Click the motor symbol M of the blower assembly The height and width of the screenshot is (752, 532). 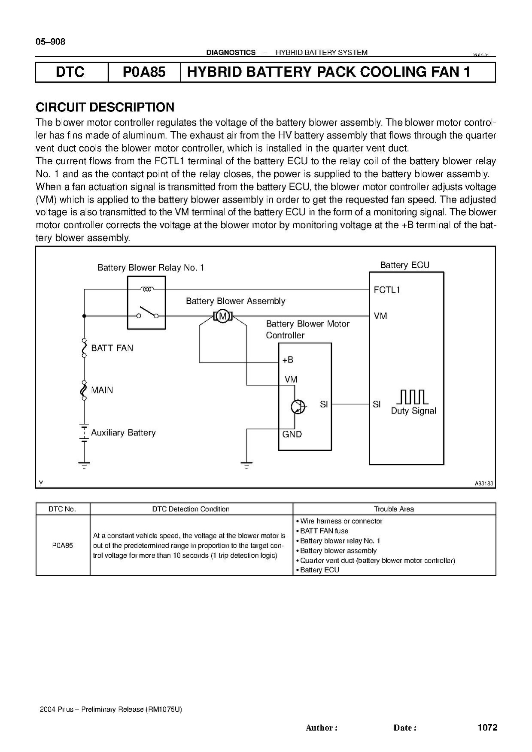[x=222, y=317]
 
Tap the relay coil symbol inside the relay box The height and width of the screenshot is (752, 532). [x=147, y=289]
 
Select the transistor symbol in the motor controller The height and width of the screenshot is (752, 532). [x=298, y=407]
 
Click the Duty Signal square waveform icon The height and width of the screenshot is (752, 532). [x=412, y=397]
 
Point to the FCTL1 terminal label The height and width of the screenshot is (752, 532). [x=387, y=290]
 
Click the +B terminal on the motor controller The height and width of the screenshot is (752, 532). [x=288, y=360]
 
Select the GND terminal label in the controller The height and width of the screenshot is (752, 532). [x=292, y=434]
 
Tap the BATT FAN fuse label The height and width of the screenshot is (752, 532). [x=112, y=348]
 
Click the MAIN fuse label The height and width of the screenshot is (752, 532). [x=102, y=390]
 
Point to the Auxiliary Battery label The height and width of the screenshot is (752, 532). [x=123, y=432]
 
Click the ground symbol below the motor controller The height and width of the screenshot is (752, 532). [x=246, y=465]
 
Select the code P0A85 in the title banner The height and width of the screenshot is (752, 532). [x=144, y=72]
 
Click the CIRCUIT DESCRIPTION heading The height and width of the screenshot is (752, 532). [x=105, y=107]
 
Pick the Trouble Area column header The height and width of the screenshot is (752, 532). [x=394, y=509]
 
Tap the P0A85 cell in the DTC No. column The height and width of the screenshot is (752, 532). [x=63, y=545]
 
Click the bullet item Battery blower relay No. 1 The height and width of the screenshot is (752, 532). [x=338, y=541]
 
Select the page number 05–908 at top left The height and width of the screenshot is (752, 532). [x=51, y=42]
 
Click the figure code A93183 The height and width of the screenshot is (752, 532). [x=484, y=483]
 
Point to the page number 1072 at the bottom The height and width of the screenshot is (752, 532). [x=487, y=727]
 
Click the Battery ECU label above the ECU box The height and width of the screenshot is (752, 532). [x=405, y=265]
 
